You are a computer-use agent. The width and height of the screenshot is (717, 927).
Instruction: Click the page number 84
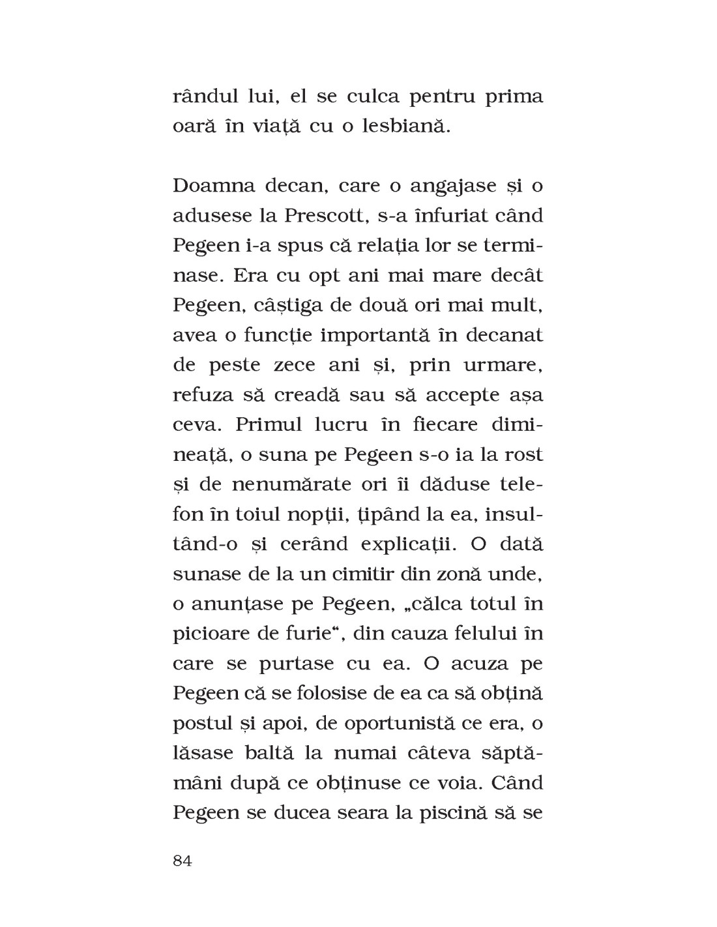pos(183,861)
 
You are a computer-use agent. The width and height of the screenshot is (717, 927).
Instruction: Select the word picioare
pos(209,634)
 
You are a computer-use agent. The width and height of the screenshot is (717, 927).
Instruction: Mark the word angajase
pos(447,187)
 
